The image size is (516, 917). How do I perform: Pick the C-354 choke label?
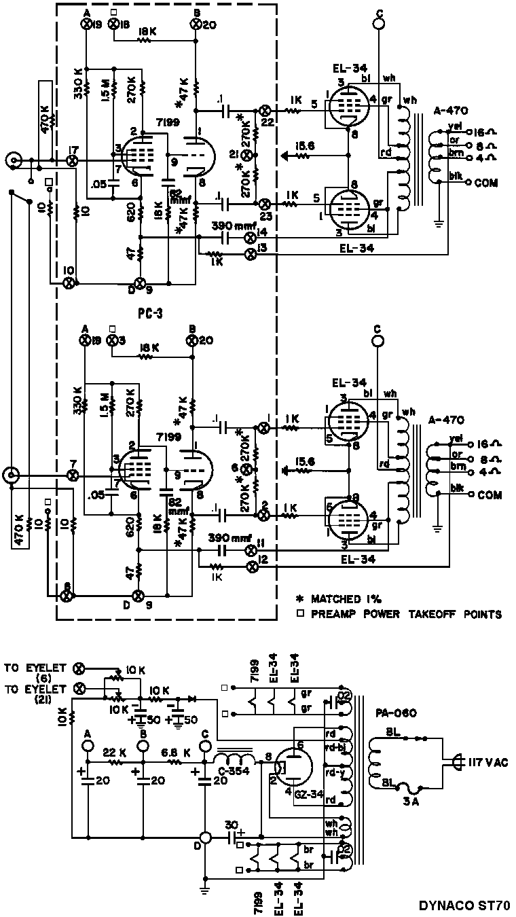(232, 770)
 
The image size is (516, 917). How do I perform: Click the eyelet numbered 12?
(250, 565)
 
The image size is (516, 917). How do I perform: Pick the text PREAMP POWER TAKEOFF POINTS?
(406, 615)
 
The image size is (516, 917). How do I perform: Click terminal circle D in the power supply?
(204, 838)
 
